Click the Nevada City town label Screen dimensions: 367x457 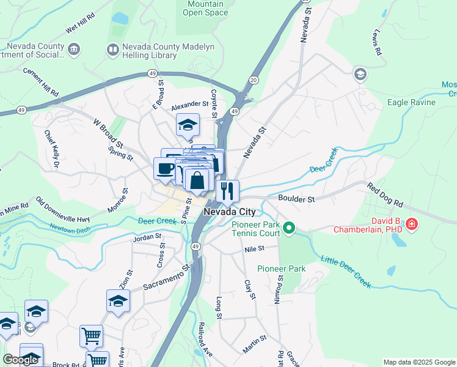(x=229, y=212)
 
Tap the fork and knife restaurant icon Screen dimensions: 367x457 (x=227, y=190)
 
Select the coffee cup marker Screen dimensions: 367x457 (x=164, y=168)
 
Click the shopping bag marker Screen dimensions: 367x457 (x=197, y=180)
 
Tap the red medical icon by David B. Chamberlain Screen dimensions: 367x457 (x=412, y=225)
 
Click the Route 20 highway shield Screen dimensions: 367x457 (x=254, y=81)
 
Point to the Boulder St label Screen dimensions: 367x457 (x=296, y=199)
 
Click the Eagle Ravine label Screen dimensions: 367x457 (x=411, y=102)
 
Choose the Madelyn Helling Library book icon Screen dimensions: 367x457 (x=112, y=49)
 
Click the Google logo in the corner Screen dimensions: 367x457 (x=20, y=360)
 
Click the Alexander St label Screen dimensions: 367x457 (x=189, y=105)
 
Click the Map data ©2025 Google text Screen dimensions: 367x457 (x=419, y=362)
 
